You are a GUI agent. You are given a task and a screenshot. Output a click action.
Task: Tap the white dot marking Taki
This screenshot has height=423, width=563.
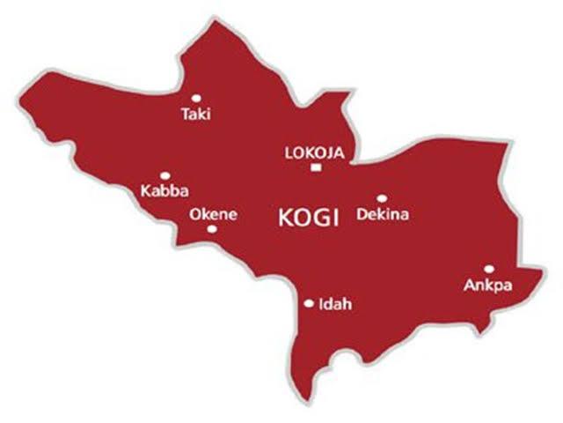[x=195, y=97]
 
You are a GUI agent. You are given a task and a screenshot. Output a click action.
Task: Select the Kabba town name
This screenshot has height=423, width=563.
[x=165, y=190]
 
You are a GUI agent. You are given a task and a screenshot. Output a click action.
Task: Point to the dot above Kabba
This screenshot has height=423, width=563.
[x=165, y=175]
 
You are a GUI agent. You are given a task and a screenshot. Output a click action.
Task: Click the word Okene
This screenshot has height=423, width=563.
[x=212, y=213]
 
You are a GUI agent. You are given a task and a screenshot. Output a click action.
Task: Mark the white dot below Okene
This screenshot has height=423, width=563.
[x=212, y=229]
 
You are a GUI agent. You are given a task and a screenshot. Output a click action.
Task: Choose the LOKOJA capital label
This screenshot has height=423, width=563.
[x=315, y=152]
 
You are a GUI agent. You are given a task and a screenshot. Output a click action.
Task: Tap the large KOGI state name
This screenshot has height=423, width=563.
[x=308, y=219]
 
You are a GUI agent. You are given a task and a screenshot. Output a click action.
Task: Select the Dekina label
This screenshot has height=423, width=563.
[x=383, y=214]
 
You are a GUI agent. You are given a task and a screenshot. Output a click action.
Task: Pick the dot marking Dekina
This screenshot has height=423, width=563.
[x=382, y=198]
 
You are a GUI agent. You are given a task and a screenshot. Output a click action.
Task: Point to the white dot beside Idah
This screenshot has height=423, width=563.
[x=309, y=303]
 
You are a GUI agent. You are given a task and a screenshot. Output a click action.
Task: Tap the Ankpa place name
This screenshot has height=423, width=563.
[x=486, y=286]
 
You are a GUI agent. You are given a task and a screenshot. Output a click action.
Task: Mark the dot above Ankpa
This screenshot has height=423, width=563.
[x=489, y=269]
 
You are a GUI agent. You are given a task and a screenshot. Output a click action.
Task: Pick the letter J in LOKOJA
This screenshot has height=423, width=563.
[x=327, y=152]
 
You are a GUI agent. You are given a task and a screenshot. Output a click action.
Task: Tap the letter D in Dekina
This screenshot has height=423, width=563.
[x=362, y=214]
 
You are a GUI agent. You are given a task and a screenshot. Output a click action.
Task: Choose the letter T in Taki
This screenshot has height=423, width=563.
[x=185, y=114]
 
